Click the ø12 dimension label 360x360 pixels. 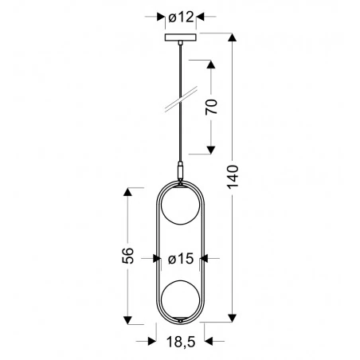coord(178,16)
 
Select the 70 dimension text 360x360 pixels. coord(211,108)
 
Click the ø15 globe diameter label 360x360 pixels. coord(182,258)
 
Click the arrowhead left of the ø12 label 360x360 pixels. coord(158,16)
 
